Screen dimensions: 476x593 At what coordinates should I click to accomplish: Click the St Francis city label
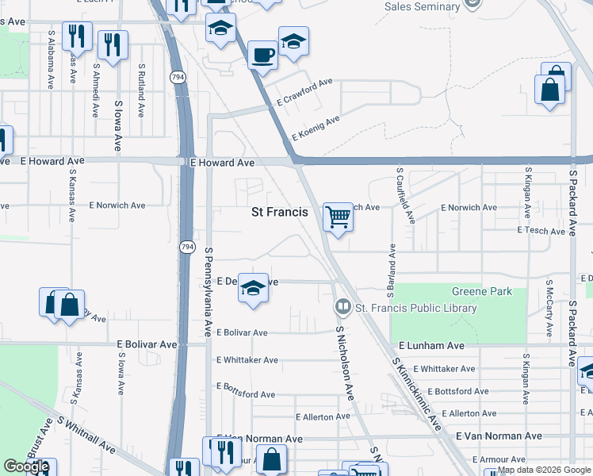coord(280,212)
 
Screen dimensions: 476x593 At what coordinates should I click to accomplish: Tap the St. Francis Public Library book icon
coord(342,306)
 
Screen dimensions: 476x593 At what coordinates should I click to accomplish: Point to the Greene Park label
coord(481,291)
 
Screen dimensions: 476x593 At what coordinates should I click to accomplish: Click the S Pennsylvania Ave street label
coord(209,291)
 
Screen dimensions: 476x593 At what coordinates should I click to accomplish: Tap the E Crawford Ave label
coord(304,92)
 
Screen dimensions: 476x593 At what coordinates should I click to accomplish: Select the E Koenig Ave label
coord(315,128)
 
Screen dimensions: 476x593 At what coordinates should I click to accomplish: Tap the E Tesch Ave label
coord(541,231)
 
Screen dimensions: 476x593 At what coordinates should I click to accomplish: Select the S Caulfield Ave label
coord(404,196)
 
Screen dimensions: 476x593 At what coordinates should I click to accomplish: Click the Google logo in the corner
coord(26,466)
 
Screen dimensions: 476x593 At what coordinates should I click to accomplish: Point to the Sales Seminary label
coord(422,6)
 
